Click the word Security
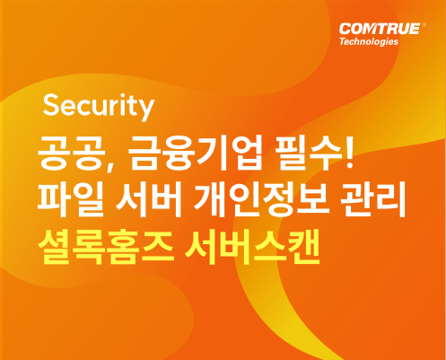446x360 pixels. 99,107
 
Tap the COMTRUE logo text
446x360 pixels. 380,29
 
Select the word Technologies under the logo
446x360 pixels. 369,41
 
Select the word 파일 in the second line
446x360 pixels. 71,199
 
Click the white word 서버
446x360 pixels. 149,199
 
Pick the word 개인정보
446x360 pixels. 260,199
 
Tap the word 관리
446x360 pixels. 373,199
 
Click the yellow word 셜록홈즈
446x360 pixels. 105,247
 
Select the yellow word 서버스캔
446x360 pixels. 252,247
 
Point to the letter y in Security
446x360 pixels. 145,110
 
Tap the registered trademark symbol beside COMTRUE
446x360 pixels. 423,26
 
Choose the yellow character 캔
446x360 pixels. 302,247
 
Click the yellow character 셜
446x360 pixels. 55,247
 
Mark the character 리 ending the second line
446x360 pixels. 390,199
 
